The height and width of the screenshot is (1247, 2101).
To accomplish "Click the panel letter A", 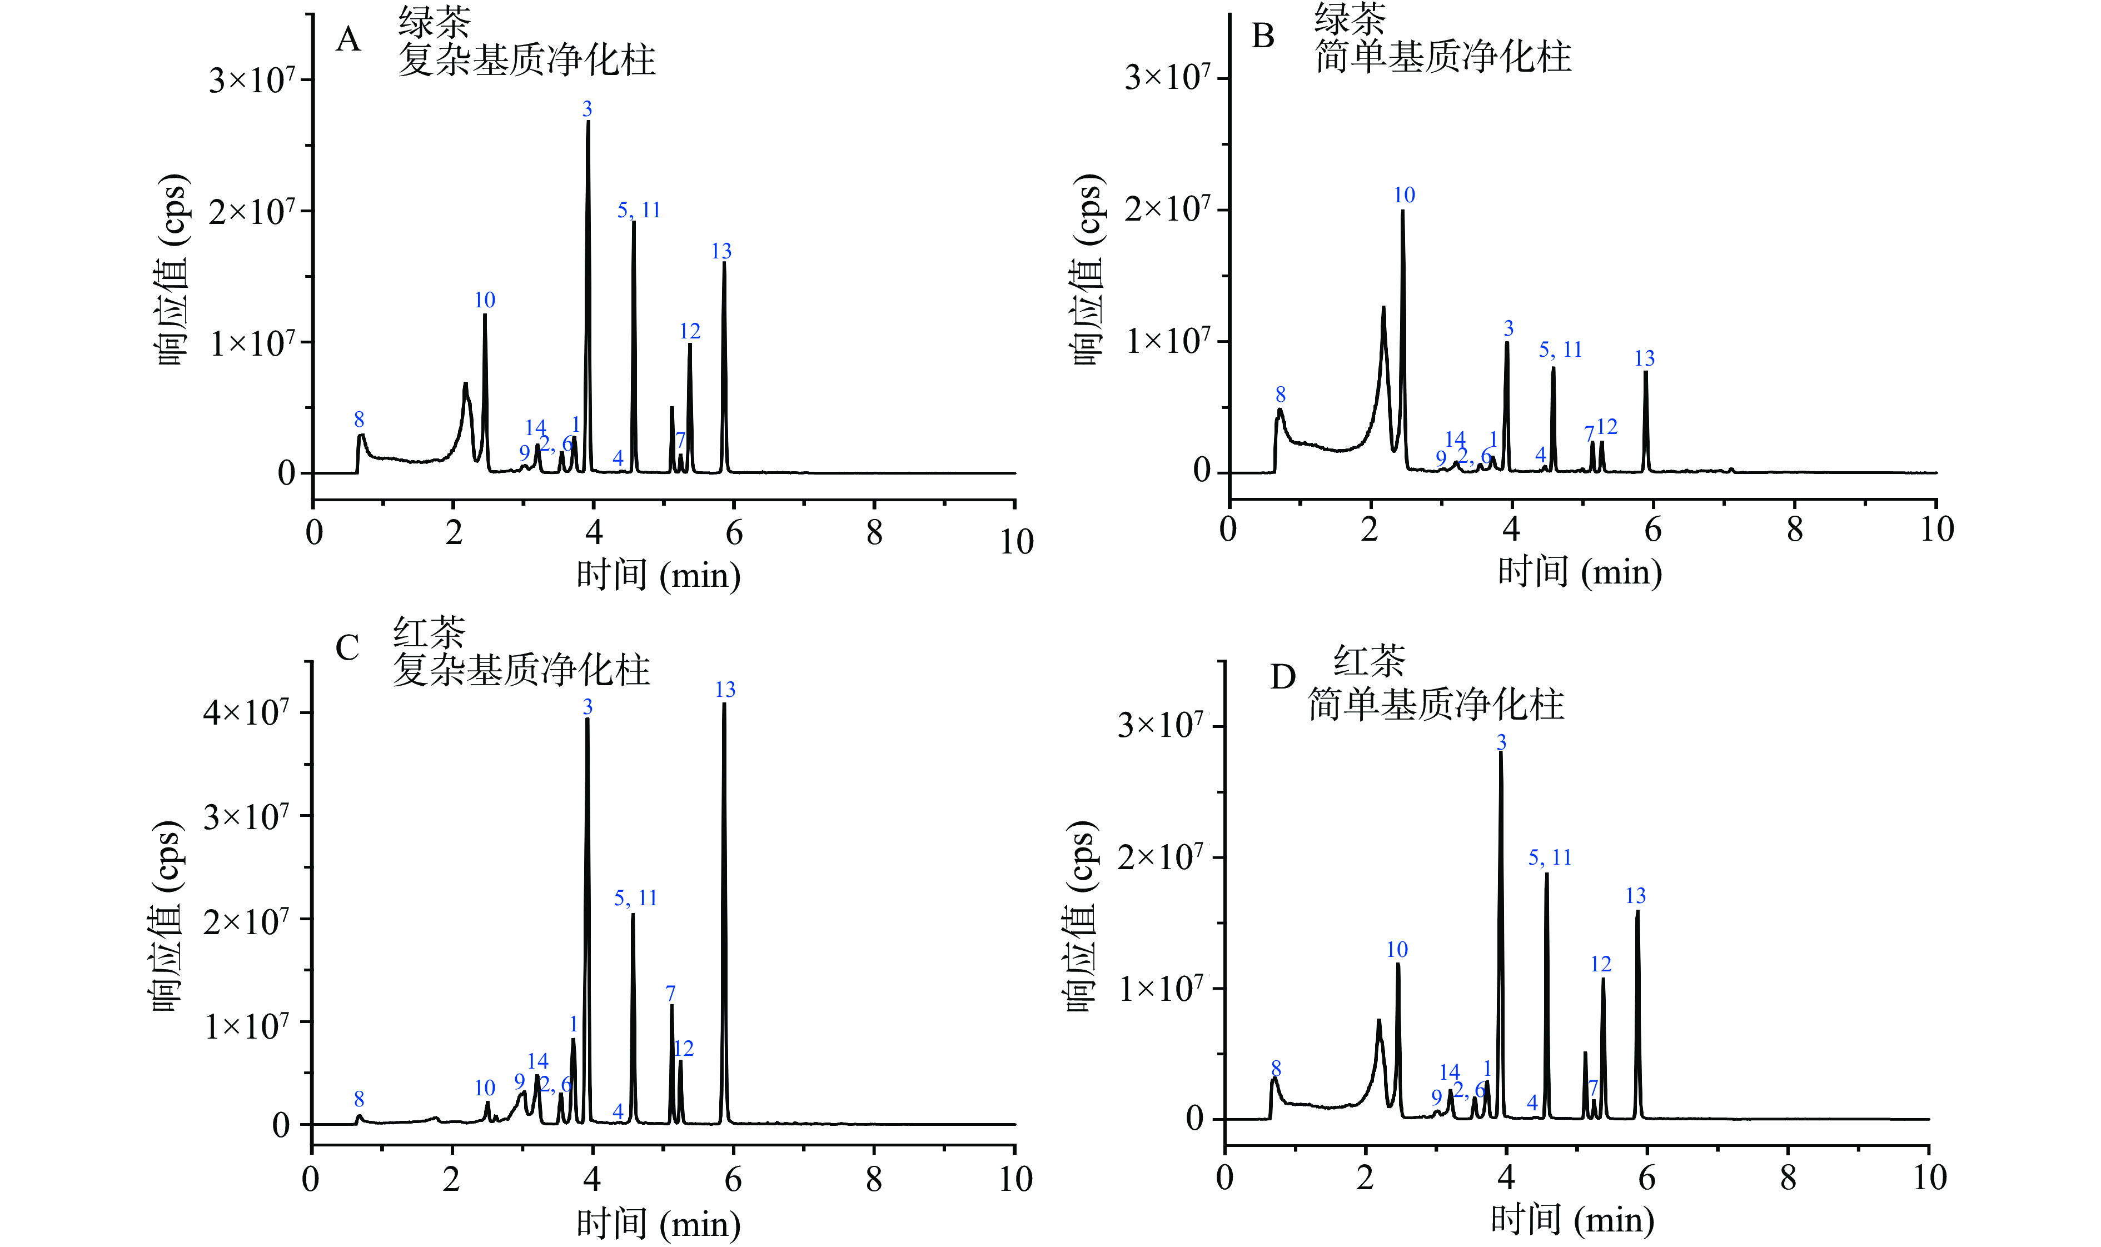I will click(348, 39).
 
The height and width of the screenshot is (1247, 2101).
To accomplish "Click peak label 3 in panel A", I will click(588, 109).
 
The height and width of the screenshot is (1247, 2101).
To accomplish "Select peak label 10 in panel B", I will click(1405, 195).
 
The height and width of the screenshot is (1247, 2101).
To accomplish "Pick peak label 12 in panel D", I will click(1601, 964).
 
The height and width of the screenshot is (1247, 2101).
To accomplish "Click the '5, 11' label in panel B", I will click(1561, 350).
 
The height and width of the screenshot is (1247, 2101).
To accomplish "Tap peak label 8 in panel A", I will click(359, 420).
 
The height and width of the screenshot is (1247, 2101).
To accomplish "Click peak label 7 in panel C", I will click(671, 994).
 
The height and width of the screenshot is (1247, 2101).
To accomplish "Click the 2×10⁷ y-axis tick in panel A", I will click(252, 211).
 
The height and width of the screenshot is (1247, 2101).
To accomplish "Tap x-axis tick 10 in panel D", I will click(1930, 1178).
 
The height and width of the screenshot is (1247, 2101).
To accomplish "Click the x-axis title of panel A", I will click(658, 576).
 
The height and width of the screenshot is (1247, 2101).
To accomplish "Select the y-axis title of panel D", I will click(1082, 916).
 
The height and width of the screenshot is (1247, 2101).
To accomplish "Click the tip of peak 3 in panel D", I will click(1501, 752).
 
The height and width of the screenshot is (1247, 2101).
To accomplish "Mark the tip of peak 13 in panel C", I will click(724, 704).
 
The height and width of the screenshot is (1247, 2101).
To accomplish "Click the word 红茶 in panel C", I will click(429, 632).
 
